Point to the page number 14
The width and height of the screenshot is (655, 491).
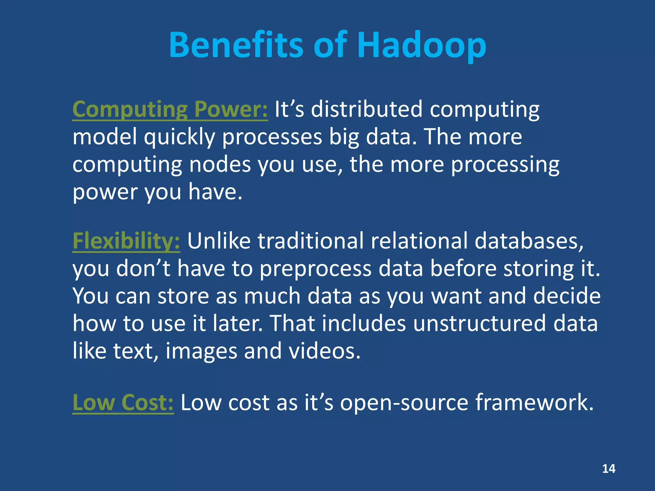pos(609,469)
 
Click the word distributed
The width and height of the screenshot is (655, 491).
pos(367,109)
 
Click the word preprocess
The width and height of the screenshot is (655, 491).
pos(315,269)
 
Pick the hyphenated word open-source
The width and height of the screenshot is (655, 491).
pos(404,403)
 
